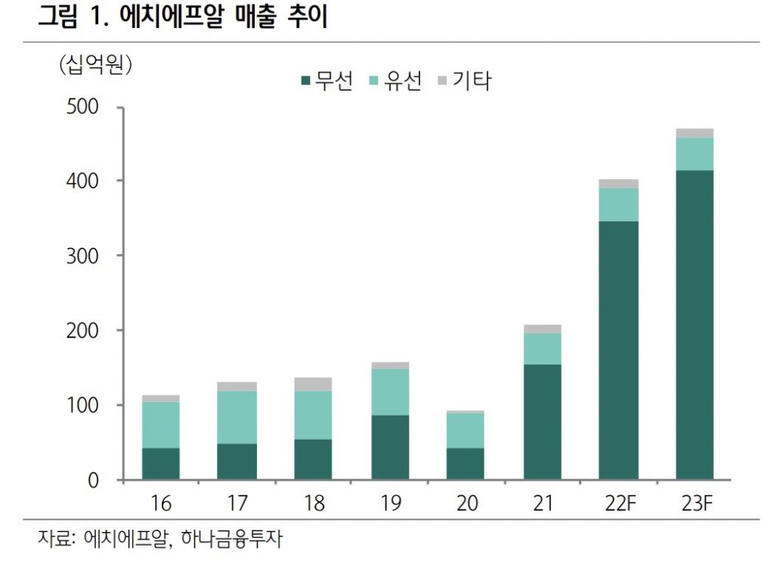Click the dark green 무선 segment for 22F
[x=618, y=350]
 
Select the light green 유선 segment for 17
[x=237, y=417]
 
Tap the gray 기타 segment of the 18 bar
[x=313, y=384]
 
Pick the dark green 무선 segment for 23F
[x=695, y=324]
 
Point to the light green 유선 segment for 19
[x=390, y=391]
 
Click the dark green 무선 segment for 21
[x=542, y=422]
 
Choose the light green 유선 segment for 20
[x=465, y=430]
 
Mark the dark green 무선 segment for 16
[x=160, y=463]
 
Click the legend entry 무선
[x=326, y=80]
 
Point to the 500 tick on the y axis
[x=82, y=107]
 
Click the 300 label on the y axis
[x=82, y=256]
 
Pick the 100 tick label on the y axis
[x=82, y=406]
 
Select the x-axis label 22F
[x=618, y=503]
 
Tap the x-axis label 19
[x=390, y=503]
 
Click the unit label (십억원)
[x=96, y=65]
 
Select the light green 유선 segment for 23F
[x=695, y=154]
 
